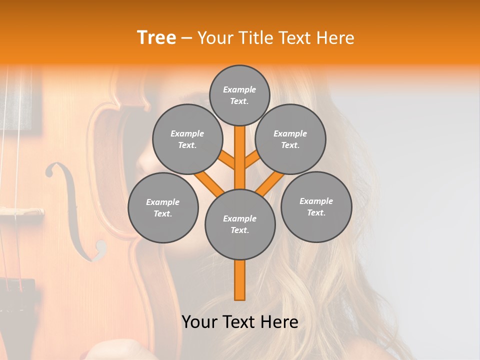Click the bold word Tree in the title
pos(156,37)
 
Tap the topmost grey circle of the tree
pos(239,95)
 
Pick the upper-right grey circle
pos(290,139)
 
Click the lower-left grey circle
pos(163,207)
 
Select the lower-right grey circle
pos(316,206)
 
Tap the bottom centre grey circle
pos(240,224)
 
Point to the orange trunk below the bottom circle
pos(240,280)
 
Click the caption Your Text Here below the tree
pos(240,322)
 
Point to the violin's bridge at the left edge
pos(20,211)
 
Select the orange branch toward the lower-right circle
pos(270,184)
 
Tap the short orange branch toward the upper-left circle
pos(226,160)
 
